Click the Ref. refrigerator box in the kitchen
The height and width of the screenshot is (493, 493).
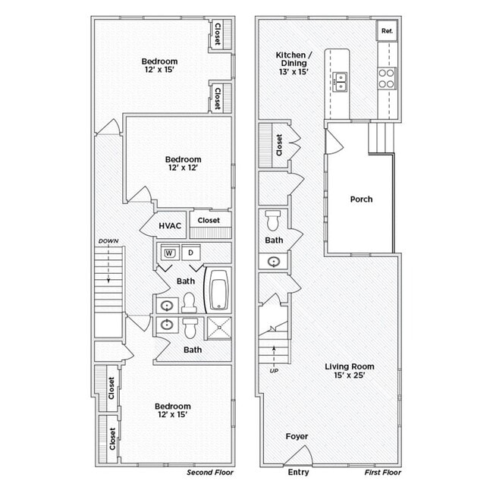point(387,31)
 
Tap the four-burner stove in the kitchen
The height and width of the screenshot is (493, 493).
point(386,78)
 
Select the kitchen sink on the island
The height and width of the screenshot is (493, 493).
point(340,80)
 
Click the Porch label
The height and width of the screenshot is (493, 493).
point(361,199)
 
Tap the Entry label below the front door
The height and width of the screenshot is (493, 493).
point(299,473)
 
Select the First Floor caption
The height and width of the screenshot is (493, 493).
point(382,473)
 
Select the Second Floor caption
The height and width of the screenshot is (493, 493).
point(210,473)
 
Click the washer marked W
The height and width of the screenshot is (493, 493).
point(169,252)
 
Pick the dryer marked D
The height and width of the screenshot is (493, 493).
point(191,252)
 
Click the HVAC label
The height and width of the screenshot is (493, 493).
point(169,225)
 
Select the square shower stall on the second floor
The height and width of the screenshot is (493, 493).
point(218,328)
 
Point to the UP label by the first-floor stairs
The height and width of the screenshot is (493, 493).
point(273,370)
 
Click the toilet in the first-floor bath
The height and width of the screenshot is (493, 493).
point(274,221)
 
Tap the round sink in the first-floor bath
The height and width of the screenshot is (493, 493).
point(274,262)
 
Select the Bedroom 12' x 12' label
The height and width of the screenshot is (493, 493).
point(184,164)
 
